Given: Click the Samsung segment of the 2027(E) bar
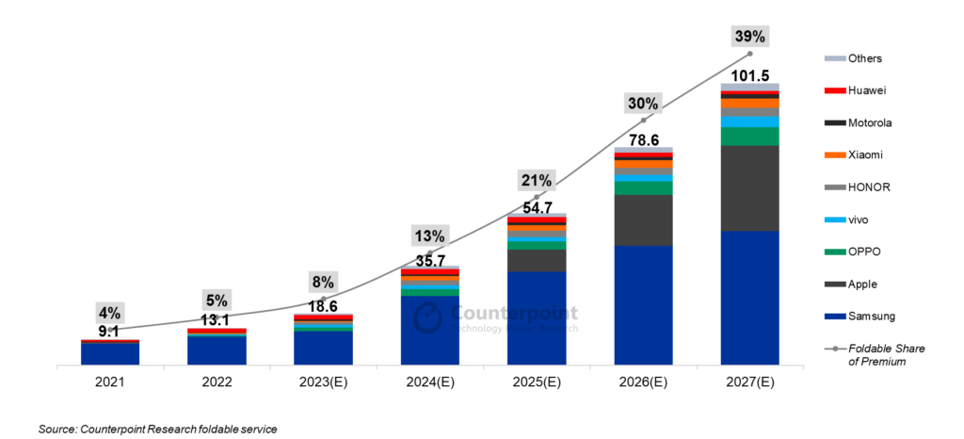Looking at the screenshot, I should [749, 297].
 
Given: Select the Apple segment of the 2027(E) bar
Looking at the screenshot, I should [749, 188].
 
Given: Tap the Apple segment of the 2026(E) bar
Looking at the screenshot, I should [643, 219].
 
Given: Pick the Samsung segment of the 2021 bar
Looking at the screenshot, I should [110, 353].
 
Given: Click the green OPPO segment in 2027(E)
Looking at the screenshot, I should [749, 137].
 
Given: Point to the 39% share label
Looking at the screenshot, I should [750, 36].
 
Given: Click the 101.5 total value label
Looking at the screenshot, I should [750, 75].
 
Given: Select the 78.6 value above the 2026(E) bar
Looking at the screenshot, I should [643, 139].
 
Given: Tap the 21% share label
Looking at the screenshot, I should [537, 180].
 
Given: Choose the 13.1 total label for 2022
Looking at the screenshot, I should [217, 320].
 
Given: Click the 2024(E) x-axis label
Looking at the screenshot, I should [429, 383].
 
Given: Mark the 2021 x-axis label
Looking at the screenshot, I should [110, 383].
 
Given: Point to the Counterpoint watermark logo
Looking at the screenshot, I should [428, 318].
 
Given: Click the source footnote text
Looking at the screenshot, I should [158, 430].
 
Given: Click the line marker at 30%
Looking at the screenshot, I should [643, 121].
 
